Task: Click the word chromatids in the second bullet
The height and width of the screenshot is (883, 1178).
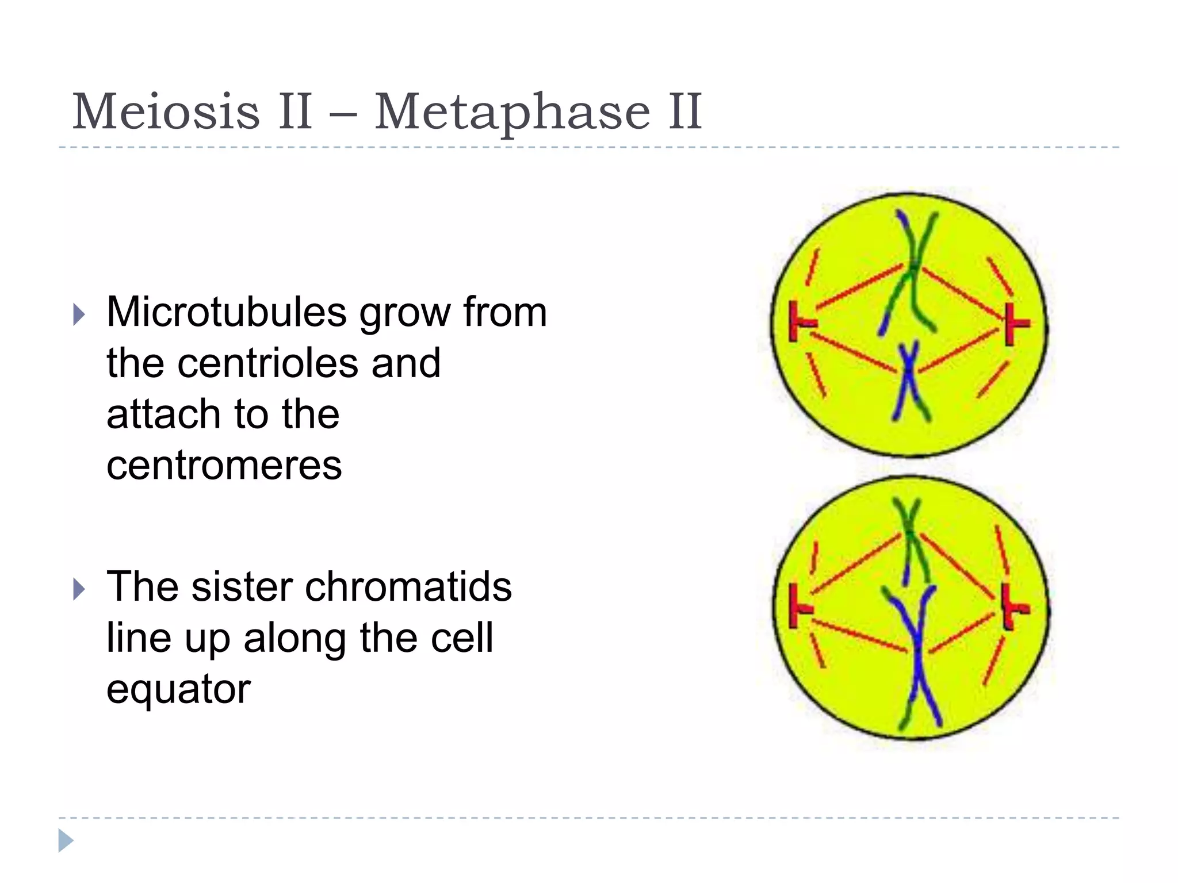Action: pos(408,587)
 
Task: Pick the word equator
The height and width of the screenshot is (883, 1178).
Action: pos(178,689)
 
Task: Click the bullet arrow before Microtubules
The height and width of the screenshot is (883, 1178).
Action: pos(79,314)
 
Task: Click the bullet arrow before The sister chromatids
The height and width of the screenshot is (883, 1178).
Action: pos(79,589)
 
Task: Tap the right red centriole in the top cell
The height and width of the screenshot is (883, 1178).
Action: pos(1014,324)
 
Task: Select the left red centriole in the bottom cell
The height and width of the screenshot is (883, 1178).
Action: pos(797,606)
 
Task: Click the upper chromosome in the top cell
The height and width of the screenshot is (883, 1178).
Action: pos(912,270)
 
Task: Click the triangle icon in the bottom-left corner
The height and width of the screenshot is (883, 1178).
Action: pos(65,840)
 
